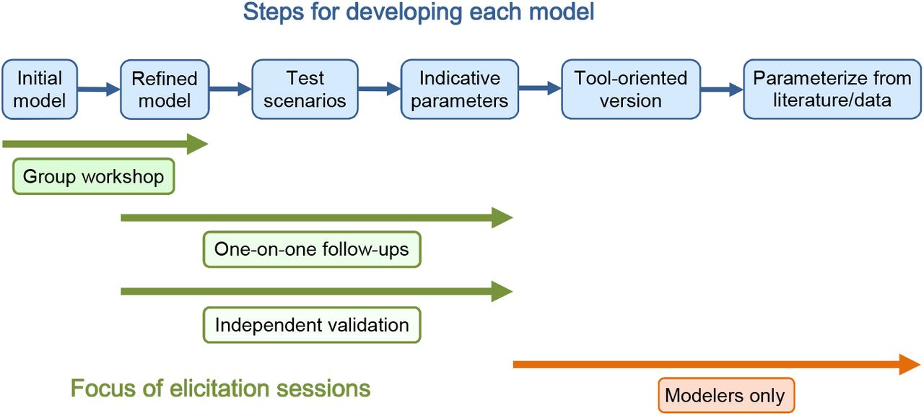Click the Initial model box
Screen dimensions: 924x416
(x=40, y=89)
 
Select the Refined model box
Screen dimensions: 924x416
(x=165, y=89)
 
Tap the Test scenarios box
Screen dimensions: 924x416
(x=305, y=89)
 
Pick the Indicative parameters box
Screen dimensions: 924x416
(x=460, y=89)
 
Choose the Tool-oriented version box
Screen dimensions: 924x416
(x=631, y=89)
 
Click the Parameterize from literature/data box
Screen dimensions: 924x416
(x=832, y=89)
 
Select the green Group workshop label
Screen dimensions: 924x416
(x=94, y=176)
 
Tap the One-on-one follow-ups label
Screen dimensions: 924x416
(x=312, y=249)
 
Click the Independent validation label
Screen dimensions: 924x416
(x=312, y=325)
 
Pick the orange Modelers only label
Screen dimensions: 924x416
(x=726, y=395)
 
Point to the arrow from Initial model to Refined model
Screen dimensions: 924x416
(x=99, y=89)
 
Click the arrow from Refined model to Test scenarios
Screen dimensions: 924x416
(x=230, y=89)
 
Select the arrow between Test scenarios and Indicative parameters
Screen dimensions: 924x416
(x=380, y=89)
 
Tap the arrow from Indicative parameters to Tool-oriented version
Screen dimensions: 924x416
(x=540, y=88)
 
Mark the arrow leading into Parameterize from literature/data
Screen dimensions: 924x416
(x=723, y=89)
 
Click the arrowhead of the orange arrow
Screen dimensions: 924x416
(x=910, y=365)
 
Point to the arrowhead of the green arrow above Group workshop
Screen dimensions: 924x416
(x=198, y=144)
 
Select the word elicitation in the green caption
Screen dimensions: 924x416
(x=219, y=389)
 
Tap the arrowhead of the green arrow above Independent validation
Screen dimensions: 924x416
(x=502, y=291)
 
